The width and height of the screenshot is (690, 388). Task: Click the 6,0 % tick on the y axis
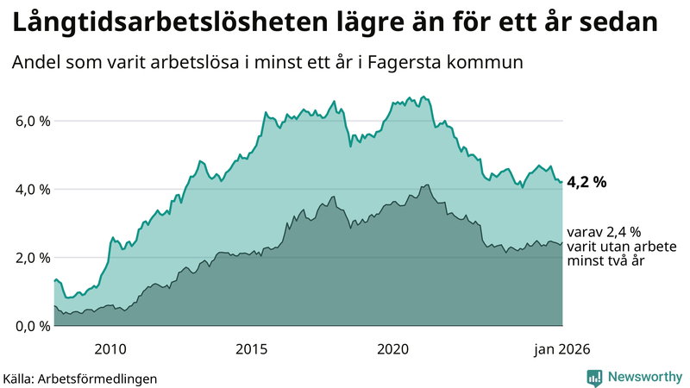click(x=31, y=121)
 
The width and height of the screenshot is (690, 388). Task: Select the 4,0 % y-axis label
click(x=31, y=189)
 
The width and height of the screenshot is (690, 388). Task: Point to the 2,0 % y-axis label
click(x=31, y=258)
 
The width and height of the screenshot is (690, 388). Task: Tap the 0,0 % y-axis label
click(x=31, y=326)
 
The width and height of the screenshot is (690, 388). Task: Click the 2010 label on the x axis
click(x=110, y=348)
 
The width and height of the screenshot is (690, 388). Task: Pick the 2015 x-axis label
click(x=252, y=348)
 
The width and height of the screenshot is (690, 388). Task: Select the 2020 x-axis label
click(x=393, y=348)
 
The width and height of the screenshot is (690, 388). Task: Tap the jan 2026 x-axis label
click(x=561, y=348)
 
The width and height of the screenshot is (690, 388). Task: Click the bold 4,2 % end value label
click(x=587, y=182)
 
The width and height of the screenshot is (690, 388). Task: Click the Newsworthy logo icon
click(x=595, y=377)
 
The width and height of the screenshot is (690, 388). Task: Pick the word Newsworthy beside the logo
click(x=643, y=377)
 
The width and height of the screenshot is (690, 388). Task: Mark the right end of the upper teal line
click(x=562, y=182)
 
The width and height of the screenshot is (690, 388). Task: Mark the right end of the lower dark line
click(x=562, y=243)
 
